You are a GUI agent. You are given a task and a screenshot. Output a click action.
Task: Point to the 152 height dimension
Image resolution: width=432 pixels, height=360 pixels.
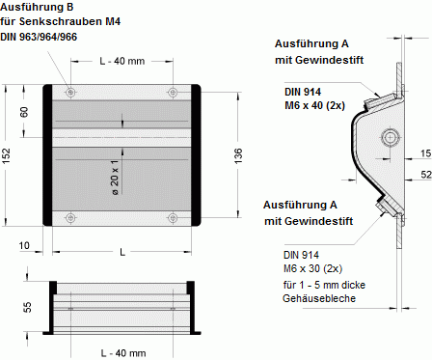(8, 153)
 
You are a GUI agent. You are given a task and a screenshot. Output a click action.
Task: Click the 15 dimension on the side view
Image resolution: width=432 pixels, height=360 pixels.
(425, 152)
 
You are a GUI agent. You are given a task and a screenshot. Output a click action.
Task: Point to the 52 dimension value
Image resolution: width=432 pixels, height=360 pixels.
(425, 174)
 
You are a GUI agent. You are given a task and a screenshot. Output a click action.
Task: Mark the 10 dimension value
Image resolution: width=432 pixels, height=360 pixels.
(23, 245)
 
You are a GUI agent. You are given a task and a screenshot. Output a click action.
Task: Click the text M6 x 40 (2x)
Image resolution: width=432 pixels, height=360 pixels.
(316, 105)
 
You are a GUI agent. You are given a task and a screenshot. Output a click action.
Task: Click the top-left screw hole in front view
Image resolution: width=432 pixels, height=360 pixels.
(70, 93)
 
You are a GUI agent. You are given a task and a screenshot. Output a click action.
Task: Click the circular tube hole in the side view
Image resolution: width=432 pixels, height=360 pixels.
(390, 138)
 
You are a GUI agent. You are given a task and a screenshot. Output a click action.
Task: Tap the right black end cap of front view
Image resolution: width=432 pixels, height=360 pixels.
(196, 154)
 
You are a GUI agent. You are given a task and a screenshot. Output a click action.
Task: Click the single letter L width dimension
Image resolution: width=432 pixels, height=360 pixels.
(121, 252)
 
